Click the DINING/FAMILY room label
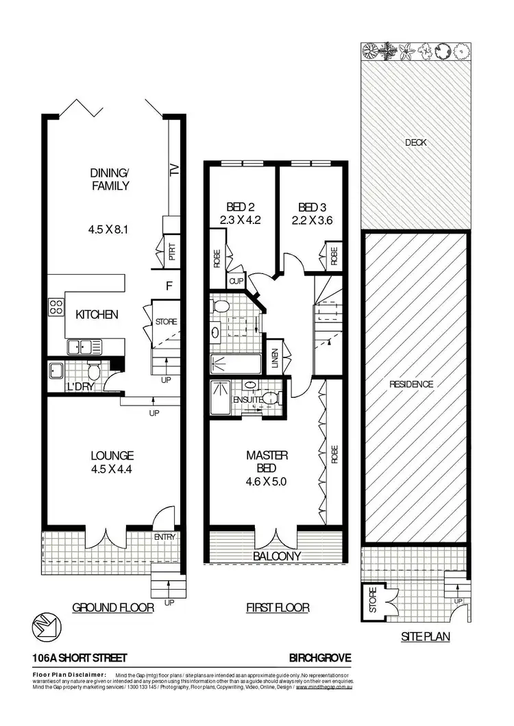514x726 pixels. [x=110, y=179]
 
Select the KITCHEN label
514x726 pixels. [x=97, y=315]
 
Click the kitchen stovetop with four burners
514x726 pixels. [x=54, y=308]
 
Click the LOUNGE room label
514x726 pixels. [x=112, y=455]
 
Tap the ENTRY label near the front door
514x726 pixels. [x=164, y=536]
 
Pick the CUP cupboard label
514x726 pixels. [x=236, y=281]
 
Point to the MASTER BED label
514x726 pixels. [x=267, y=462]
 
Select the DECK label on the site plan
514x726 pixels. [x=415, y=142]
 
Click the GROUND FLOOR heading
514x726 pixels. [x=113, y=608]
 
